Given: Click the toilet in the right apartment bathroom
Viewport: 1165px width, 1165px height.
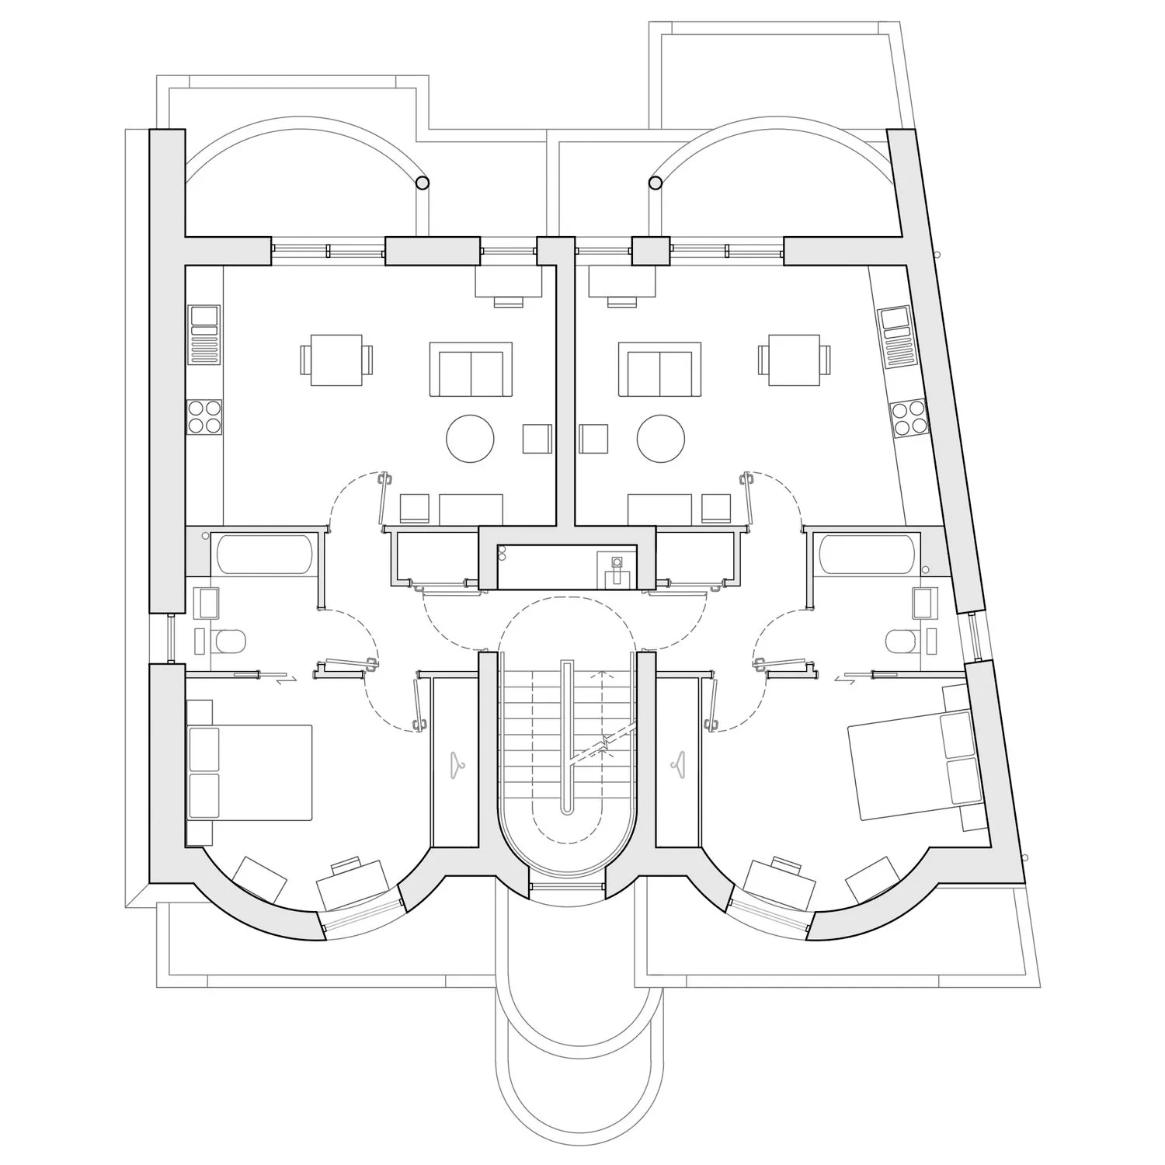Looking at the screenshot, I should point(902,641).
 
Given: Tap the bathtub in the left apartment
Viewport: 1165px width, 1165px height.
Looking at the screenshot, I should point(264,554).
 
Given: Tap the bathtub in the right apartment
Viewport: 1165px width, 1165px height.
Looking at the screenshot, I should point(867,554).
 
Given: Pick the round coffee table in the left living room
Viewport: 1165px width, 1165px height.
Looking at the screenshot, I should point(471,440).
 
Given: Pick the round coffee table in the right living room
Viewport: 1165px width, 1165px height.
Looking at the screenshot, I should point(661,440).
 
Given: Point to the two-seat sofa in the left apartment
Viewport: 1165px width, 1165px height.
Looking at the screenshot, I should point(471,370).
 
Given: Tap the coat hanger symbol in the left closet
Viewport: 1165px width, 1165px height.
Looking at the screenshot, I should point(456,764).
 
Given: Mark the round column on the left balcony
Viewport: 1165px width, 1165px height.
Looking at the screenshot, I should point(422,183).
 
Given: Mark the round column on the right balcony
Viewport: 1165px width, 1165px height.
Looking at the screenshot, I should point(655,183).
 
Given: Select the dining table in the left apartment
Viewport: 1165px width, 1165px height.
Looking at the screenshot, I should point(336,360).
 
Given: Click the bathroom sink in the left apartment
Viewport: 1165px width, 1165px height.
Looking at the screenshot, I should point(209,603).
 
